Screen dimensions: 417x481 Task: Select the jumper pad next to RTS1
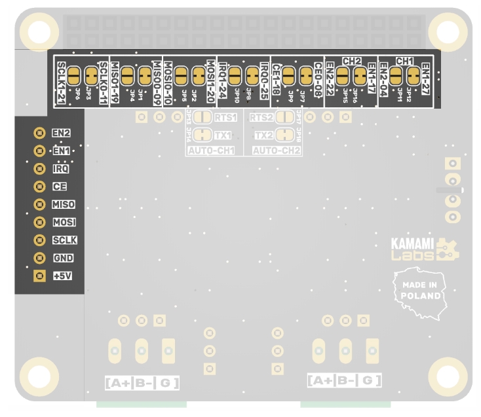[x=202, y=118]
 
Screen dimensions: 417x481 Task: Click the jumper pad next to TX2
[x=284, y=135]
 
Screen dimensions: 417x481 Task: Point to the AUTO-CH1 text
[x=211, y=151]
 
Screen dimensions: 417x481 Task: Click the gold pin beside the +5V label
[x=39, y=276]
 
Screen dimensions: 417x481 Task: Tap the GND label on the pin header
[x=64, y=259]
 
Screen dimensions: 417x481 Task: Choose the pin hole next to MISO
[x=39, y=205]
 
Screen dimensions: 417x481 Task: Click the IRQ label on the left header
[x=61, y=169]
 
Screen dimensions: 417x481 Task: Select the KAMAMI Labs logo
[x=425, y=249]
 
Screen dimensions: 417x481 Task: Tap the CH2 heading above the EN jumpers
[x=352, y=61]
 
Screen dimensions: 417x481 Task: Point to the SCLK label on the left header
[x=65, y=240]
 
